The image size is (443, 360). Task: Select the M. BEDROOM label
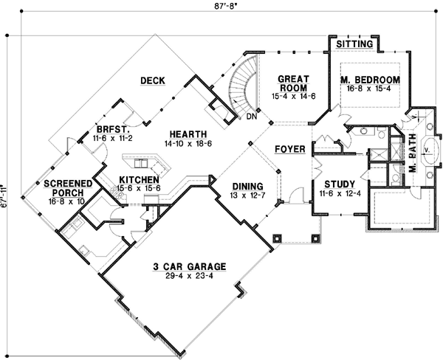coord(370,80)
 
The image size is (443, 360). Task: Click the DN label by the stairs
coord(251,115)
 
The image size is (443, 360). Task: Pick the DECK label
coord(151,81)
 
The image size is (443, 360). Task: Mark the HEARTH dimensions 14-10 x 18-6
coord(185,144)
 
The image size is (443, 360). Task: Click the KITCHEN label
coord(138,180)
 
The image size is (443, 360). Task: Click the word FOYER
coord(289,150)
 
